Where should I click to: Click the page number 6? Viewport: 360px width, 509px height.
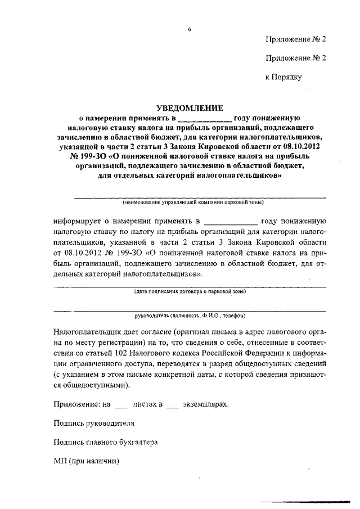click(x=190, y=28)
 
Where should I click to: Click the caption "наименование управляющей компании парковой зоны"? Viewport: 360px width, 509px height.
click(x=190, y=202)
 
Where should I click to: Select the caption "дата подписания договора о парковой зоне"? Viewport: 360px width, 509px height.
click(x=190, y=292)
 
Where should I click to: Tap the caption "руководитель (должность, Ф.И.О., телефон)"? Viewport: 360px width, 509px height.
click(x=190, y=316)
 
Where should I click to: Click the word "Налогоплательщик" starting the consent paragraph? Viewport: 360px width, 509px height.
click(x=89, y=332)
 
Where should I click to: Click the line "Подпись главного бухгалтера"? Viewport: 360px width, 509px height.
click(x=105, y=442)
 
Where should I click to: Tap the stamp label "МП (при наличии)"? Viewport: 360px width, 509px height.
click(x=86, y=461)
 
